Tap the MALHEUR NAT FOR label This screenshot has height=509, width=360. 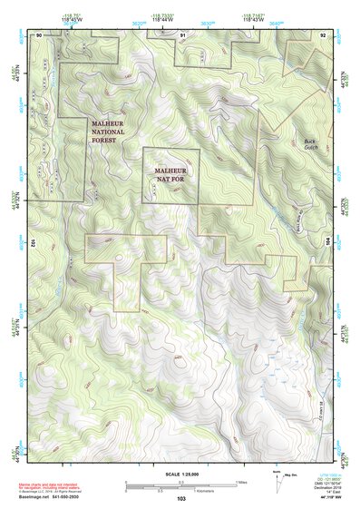point(170,174)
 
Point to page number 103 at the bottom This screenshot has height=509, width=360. point(181,499)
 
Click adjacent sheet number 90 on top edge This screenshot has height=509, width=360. point(39,34)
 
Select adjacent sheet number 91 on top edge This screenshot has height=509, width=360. point(182,34)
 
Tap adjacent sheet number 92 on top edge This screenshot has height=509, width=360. point(323,34)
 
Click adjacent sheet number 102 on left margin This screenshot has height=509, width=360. point(32,243)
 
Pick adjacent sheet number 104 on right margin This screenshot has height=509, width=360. point(328,243)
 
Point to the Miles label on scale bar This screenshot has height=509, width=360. point(242,482)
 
